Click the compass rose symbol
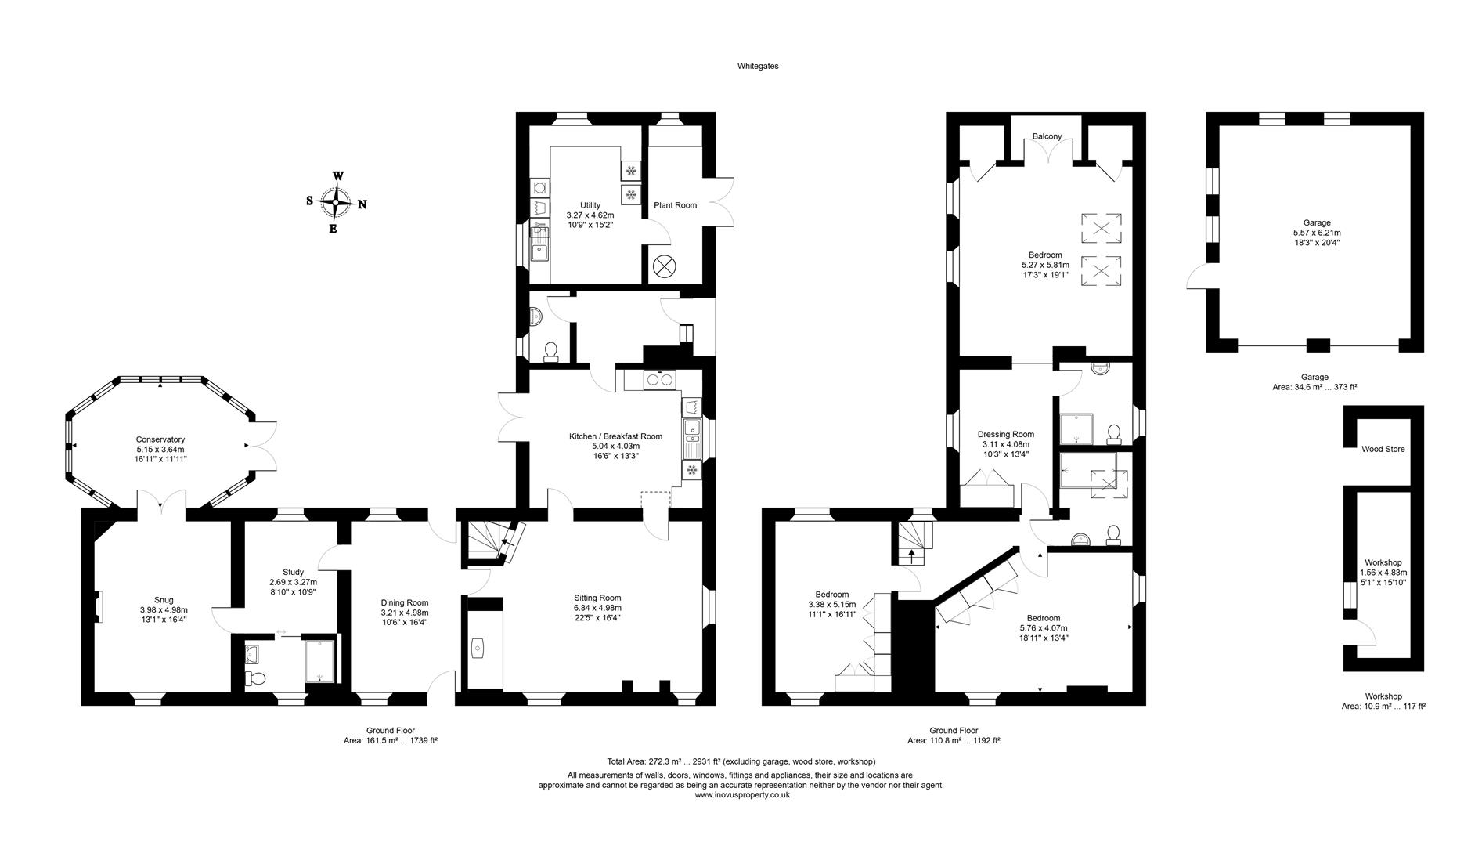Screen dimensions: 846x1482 [335, 202]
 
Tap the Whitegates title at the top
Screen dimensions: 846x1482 [757, 67]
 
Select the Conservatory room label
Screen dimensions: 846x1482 [160, 439]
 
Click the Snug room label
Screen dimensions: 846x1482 [164, 600]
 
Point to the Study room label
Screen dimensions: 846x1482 [293, 572]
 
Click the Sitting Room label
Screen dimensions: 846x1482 [597, 598]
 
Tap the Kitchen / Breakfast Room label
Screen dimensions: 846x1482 [615, 436]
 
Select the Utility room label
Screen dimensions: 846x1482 [590, 205]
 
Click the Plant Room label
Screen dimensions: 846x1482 [675, 205]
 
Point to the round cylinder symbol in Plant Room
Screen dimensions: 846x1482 [664, 266]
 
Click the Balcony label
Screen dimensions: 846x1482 [1047, 136]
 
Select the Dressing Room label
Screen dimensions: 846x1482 [1005, 434]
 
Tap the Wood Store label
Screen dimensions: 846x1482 [1383, 449]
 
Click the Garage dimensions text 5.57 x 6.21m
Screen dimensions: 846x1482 [1317, 233]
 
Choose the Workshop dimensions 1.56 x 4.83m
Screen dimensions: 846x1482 [1383, 573]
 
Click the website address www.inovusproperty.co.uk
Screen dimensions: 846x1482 [741, 794]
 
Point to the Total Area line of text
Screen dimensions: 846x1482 [741, 761]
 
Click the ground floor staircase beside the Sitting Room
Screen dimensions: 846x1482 [485, 540]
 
